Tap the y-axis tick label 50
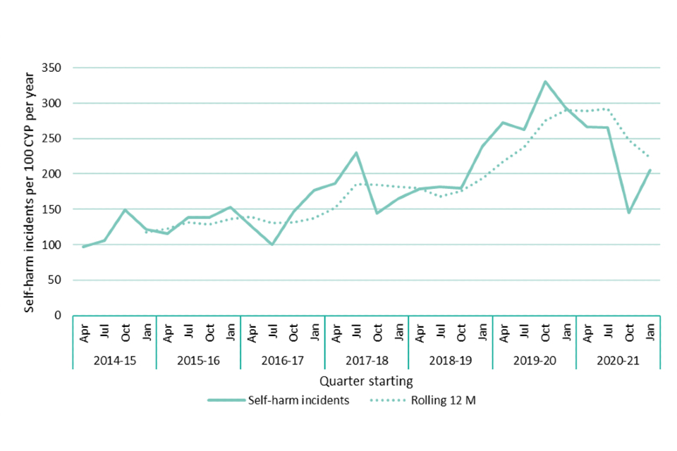coord(56,280)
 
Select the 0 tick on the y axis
coord(59,315)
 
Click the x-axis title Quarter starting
coord(365,382)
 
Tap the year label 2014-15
coord(115,360)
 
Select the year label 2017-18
coord(367,360)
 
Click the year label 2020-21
coord(618,360)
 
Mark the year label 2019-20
coord(535,360)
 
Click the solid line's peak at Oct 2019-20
coord(545,82)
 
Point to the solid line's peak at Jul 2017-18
coord(357,153)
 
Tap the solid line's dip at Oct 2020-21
coord(629,213)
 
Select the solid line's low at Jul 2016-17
coord(272,245)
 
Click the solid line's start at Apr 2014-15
coord(83,247)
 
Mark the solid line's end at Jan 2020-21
coord(650,170)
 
